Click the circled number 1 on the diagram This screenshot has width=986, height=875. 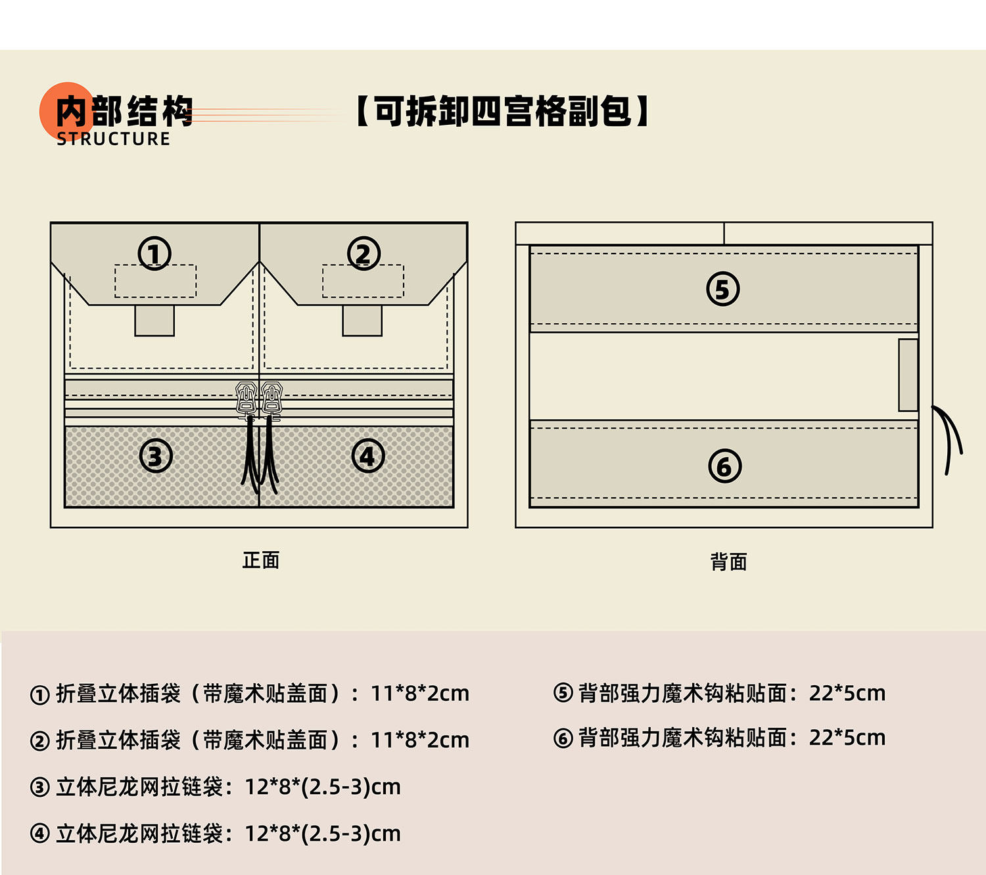(154, 254)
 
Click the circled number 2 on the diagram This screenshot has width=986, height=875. (364, 254)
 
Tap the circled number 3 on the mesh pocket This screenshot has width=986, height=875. (156, 456)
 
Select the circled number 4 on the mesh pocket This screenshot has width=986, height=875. (367, 456)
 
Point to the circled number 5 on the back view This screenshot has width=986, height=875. (722, 289)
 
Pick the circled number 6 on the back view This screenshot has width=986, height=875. (724, 466)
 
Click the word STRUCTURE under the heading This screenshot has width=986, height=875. (113, 139)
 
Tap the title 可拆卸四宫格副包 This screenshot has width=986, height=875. (503, 111)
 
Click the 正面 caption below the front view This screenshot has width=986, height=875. (261, 560)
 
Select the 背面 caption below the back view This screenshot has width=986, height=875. (728, 562)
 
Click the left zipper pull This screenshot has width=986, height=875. (246, 399)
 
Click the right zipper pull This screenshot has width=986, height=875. (271, 399)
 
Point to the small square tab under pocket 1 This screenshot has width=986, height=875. (154, 321)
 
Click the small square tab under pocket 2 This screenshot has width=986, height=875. (362, 321)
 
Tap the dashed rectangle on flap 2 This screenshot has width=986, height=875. (363, 281)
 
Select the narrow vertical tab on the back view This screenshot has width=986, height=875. (908, 375)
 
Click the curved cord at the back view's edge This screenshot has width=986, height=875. (950, 437)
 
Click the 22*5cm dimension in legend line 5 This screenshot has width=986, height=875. (847, 693)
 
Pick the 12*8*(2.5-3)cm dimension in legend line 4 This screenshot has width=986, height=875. (323, 834)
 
